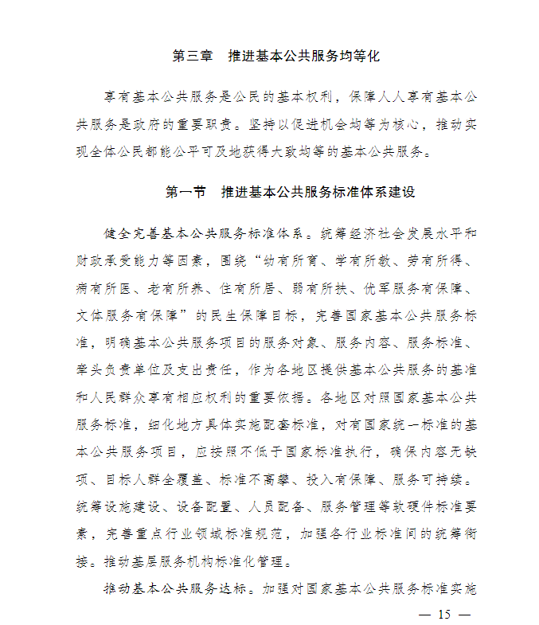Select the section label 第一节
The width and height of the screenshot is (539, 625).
click(x=186, y=193)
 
